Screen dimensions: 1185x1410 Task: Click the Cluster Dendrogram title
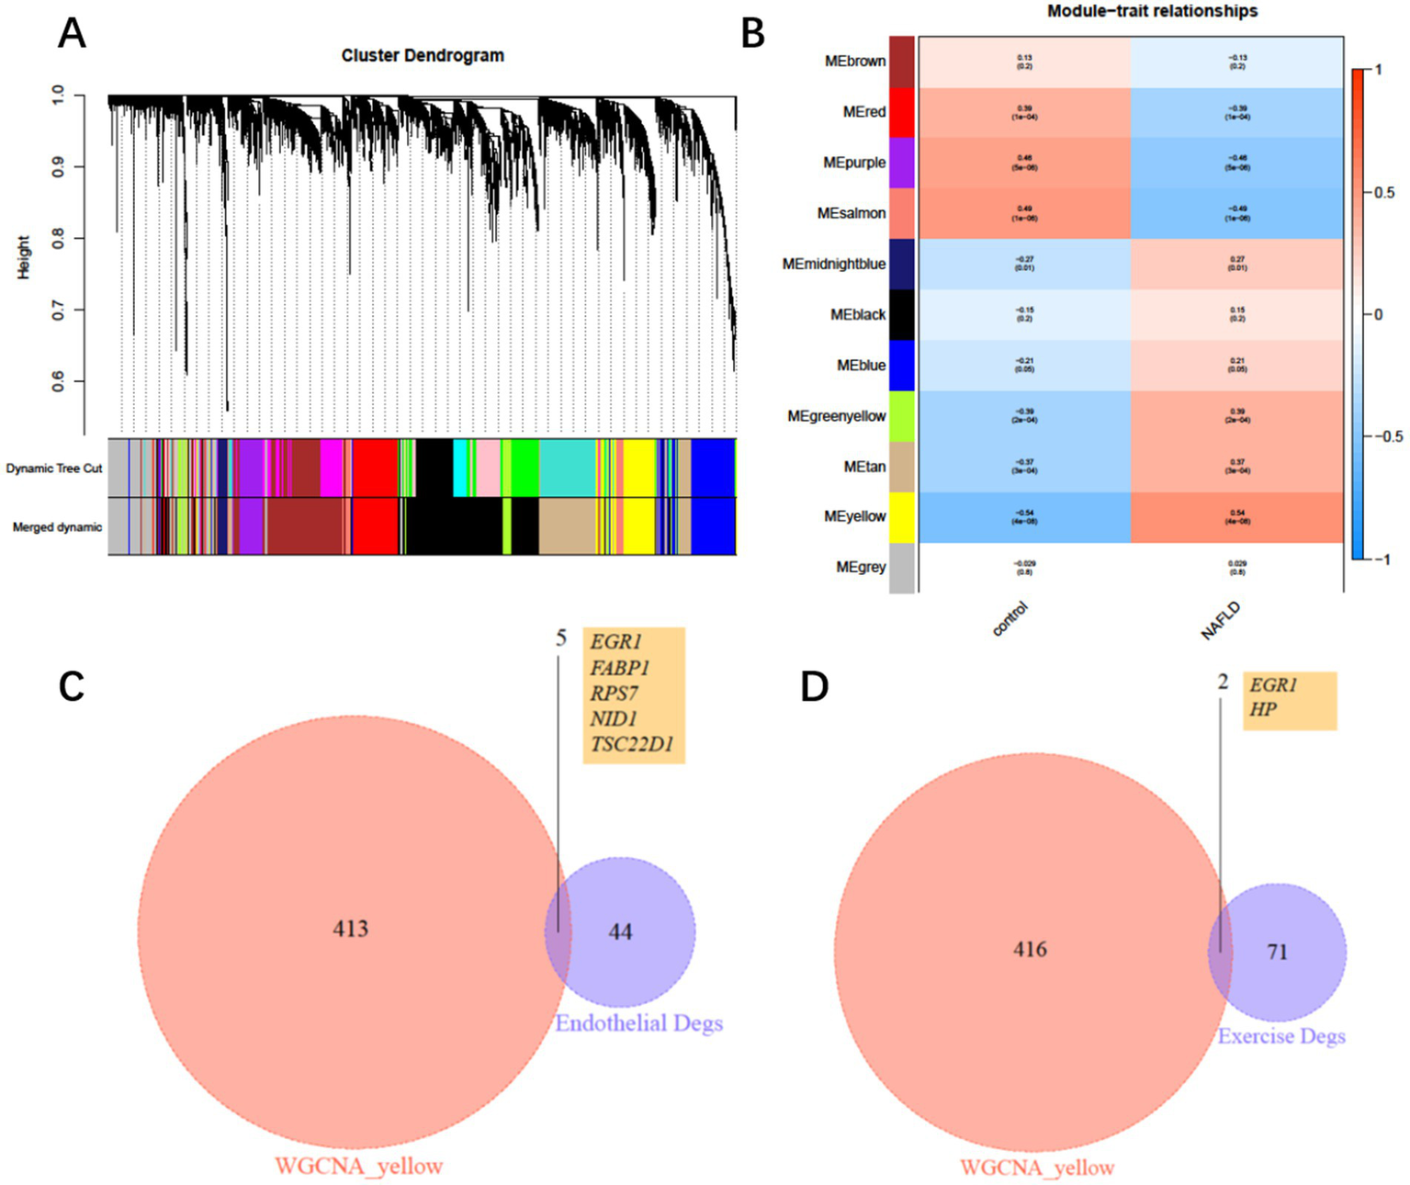click(423, 55)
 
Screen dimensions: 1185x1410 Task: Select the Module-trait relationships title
click(1152, 11)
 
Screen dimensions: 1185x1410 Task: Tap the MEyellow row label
click(854, 517)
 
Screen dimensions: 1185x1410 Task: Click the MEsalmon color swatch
click(902, 213)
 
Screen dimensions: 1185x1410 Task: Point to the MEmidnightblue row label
click(833, 265)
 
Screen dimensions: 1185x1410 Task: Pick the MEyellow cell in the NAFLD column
click(1236, 517)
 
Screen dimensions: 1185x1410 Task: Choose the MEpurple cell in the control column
click(1024, 163)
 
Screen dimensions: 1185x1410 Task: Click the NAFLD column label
click(1221, 621)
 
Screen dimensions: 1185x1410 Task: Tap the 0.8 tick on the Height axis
click(58, 239)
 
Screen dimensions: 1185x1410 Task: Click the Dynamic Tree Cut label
click(54, 468)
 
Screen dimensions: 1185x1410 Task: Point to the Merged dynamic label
click(57, 527)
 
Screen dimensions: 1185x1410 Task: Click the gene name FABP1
click(620, 668)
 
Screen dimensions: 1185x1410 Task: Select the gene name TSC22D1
click(632, 744)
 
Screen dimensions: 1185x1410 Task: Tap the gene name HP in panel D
click(1263, 709)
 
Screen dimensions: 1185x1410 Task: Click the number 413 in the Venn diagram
click(350, 929)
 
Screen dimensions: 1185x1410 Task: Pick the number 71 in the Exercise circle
click(1277, 952)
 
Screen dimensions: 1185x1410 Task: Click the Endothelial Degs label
click(638, 1023)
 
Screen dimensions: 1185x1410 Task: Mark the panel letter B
click(752, 34)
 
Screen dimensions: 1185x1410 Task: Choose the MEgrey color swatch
click(902, 568)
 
